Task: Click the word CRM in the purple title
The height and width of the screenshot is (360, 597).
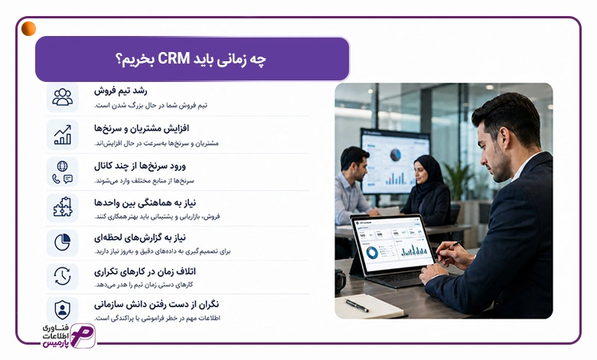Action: click(174, 59)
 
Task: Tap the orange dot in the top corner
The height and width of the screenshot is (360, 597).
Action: click(28, 28)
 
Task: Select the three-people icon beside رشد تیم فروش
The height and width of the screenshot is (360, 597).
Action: click(63, 97)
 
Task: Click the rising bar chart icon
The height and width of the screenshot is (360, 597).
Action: click(63, 135)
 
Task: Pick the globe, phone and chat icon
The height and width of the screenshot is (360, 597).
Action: click(63, 172)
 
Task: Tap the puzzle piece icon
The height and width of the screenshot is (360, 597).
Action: click(63, 208)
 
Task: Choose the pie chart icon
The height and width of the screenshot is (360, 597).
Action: click(63, 242)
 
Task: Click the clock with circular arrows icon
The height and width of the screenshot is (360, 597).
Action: click(63, 277)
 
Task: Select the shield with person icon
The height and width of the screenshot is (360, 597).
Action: click(63, 309)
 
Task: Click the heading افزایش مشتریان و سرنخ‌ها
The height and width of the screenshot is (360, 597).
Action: click(142, 129)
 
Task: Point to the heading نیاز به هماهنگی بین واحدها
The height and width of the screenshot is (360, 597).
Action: click(145, 203)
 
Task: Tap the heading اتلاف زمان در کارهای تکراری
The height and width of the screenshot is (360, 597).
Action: click(145, 272)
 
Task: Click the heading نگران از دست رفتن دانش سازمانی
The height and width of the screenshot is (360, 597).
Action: click(156, 304)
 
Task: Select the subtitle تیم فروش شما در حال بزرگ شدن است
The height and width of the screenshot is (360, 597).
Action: click(151, 105)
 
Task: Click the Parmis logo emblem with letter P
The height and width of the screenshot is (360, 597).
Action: click(83, 335)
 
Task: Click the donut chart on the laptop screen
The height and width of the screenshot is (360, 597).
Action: click(372, 252)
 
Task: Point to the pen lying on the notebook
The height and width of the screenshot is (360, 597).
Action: click(357, 306)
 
